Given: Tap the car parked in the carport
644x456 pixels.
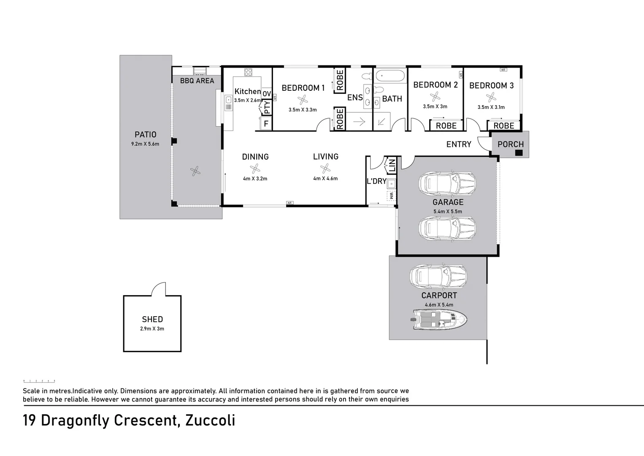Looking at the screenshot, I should pyautogui.click(x=438, y=277).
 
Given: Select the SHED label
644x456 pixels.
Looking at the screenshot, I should pyautogui.click(x=152, y=320).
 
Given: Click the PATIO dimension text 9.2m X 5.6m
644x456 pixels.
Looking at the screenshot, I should pyautogui.click(x=145, y=144).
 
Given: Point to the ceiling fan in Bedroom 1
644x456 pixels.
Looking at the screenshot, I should pyautogui.click(x=303, y=100).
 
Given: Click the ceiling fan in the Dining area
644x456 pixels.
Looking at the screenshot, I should pyautogui.click(x=255, y=169).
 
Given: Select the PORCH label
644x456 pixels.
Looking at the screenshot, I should pyautogui.click(x=510, y=144).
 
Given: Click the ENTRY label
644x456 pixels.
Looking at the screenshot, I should pyautogui.click(x=459, y=144).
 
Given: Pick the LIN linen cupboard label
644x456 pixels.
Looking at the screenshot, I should pyautogui.click(x=392, y=165).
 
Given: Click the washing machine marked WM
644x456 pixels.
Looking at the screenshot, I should pyautogui.click(x=391, y=196).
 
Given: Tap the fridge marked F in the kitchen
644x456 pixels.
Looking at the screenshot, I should pyautogui.click(x=266, y=124).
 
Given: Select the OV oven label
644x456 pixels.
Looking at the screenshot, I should pyautogui.click(x=267, y=94).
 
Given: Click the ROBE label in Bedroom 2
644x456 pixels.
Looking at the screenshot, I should pyautogui.click(x=446, y=126).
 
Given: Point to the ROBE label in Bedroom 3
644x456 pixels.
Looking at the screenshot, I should pyautogui.click(x=503, y=126).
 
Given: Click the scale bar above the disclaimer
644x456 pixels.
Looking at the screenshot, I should pyautogui.click(x=39, y=381).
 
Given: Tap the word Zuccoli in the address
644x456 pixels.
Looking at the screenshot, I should pyautogui.click(x=210, y=421).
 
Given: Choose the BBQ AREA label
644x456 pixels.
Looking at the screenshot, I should pyautogui.click(x=197, y=81).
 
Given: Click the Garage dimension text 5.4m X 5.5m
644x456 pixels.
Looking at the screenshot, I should pyautogui.click(x=447, y=212).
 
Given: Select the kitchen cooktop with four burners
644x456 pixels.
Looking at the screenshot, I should pyautogui.click(x=248, y=72).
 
